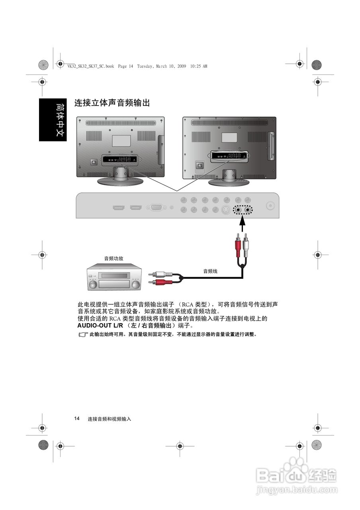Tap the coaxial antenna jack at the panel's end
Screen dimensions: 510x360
coord(271,206)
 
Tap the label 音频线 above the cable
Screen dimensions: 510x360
coord(210,271)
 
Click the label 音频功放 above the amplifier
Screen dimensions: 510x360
coord(113,258)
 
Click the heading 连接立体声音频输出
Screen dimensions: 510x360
coord(112,103)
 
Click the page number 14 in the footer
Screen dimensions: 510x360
coord(76,418)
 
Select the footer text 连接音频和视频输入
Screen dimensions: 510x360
coord(110,419)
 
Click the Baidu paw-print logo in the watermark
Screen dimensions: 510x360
coord(297,469)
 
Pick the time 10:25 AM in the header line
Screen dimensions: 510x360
coord(199,67)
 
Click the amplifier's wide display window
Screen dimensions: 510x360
coord(115,275)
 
